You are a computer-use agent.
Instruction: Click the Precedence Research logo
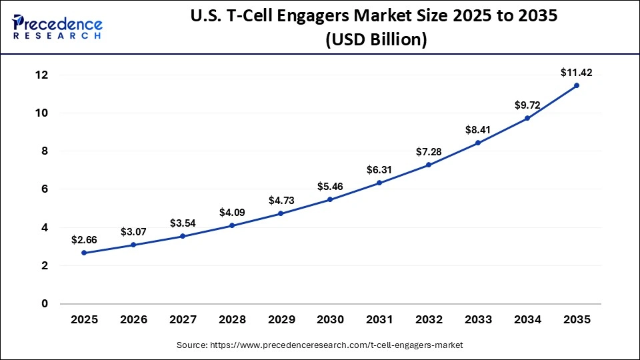coord(57,26)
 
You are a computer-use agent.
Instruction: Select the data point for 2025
coord(85,253)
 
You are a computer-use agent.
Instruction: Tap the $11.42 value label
coord(576,72)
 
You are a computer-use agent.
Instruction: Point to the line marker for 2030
coord(331,199)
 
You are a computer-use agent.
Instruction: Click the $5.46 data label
coord(331,186)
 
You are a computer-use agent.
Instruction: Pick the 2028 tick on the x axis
coord(232,320)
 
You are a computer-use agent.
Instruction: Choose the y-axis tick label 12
coord(41,75)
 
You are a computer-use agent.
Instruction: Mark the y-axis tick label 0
coord(45,304)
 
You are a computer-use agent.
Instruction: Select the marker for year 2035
coord(577,85)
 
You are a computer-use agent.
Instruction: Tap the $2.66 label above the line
coord(85,239)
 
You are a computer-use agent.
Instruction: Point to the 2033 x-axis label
coord(478,320)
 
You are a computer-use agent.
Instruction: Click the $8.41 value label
coord(478,129)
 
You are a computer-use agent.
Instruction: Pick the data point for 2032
coord(429,165)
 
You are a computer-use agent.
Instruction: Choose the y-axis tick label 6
coord(45,189)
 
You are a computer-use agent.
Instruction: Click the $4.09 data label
coord(232,212)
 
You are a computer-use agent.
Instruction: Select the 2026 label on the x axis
coord(134,320)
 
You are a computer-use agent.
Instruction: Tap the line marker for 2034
coord(527,118)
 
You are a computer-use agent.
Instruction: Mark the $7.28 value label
coord(429,151)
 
